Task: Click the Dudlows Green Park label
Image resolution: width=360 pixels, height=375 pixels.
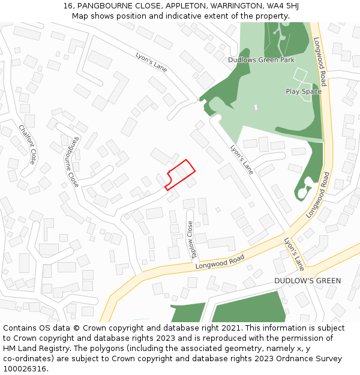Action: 261,60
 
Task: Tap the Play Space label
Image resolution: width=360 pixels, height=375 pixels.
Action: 304,91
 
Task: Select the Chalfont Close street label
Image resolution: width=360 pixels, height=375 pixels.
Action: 27,144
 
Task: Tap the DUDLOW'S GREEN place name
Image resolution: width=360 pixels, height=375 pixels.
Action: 307,281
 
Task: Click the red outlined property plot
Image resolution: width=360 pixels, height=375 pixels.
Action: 181,174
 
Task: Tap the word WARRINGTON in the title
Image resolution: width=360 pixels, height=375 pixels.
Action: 228,6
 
